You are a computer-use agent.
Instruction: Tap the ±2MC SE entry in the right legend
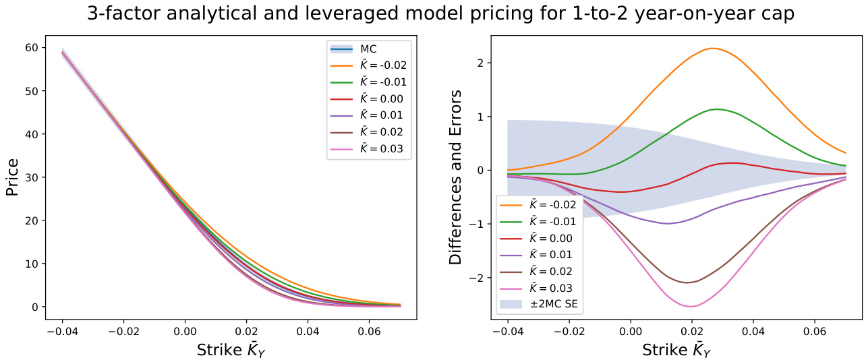coord(540,304)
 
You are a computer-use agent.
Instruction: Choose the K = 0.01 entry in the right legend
coord(540,254)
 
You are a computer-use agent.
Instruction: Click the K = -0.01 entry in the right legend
coord(540,221)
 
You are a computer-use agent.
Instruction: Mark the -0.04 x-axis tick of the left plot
coord(62,332)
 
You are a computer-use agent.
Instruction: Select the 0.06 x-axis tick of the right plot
coord(815,332)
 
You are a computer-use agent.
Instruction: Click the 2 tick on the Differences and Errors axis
coord(484,63)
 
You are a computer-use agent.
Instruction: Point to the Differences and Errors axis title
coord(456,177)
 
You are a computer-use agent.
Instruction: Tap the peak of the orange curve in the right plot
coord(712,49)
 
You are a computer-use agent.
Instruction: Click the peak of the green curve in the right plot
coord(716,109)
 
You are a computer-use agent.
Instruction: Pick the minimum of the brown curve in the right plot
coord(688,282)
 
